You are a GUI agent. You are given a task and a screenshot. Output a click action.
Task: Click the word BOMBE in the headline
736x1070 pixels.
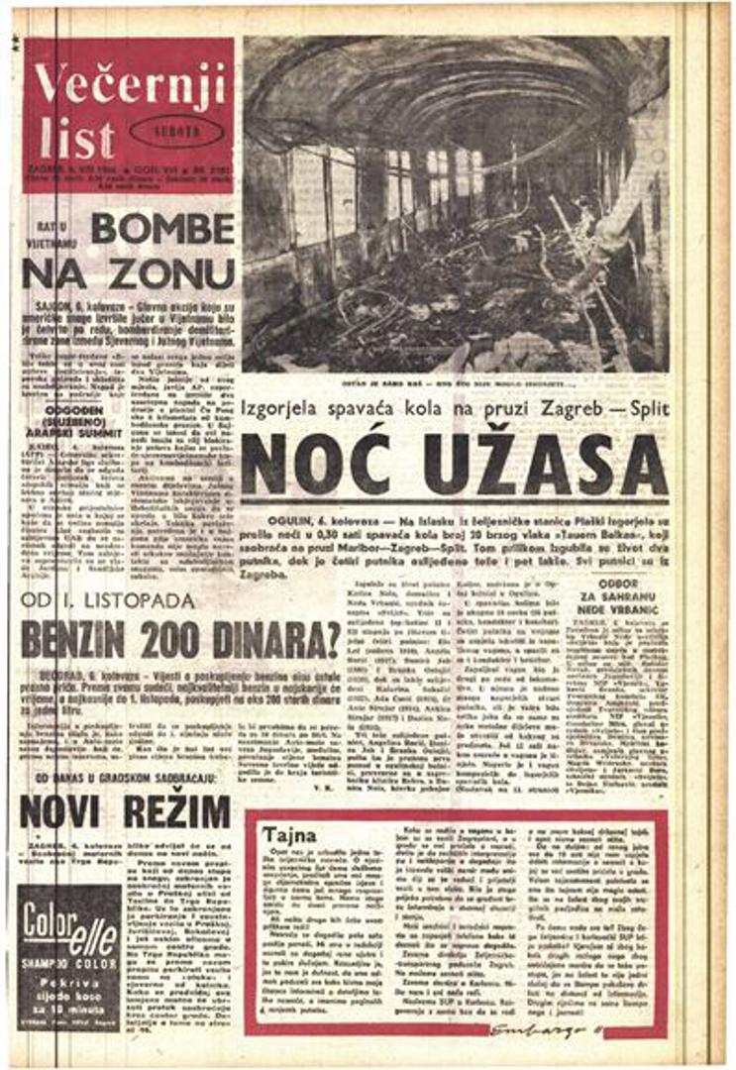(162, 229)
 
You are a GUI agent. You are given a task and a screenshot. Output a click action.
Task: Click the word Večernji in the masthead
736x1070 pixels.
(128, 78)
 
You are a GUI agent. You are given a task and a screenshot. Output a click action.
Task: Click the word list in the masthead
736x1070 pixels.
(77, 139)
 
